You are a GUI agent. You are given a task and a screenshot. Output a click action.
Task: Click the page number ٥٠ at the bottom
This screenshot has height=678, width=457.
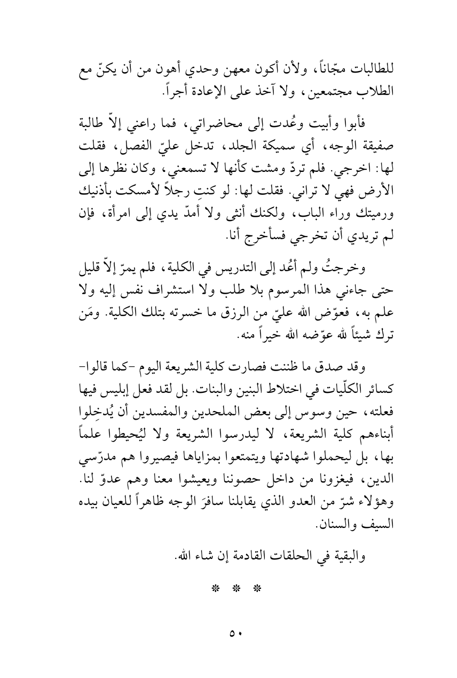pyautogui.click(x=228, y=633)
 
